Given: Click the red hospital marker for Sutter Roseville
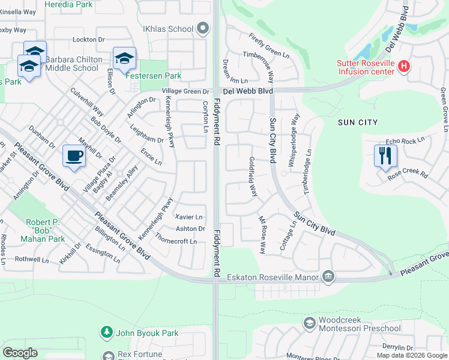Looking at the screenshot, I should coord(404,66).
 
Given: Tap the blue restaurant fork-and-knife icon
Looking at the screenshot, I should coord(385,155).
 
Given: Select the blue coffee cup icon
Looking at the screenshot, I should coord(74,156).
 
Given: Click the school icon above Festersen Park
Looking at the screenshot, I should coord(124,58).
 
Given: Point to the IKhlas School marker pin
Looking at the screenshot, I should coord(202,28).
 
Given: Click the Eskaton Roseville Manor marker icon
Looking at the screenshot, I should coord(328,276).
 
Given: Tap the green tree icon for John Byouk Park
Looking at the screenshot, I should coord(107,332).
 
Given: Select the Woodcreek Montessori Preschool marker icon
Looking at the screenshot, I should coord(309,323).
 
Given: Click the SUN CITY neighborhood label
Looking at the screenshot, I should coord(358,122).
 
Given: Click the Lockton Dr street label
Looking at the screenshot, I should coord(88,40).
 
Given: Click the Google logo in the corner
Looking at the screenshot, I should coord(20,353).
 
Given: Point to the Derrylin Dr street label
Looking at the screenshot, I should coord(399,347).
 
